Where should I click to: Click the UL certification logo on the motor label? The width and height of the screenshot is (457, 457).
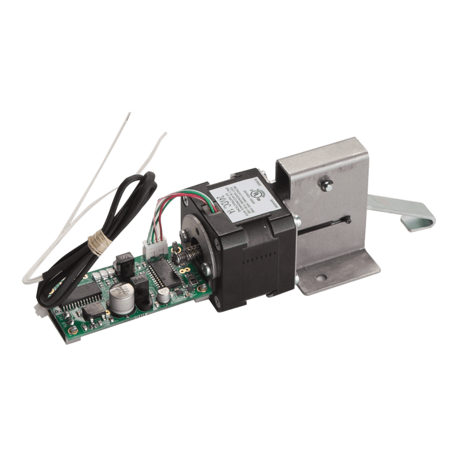tap(255, 193)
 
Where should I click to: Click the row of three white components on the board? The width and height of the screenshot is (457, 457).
tap(102, 275)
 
